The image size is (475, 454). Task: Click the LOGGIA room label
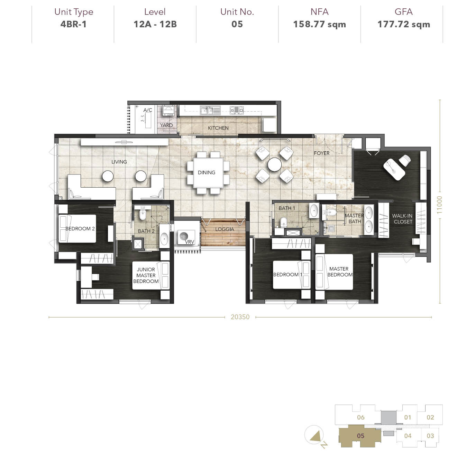coord(225,229)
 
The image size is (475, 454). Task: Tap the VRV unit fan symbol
coord(184,236)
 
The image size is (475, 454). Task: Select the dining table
coord(208,173)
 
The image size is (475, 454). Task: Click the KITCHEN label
coord(218,128)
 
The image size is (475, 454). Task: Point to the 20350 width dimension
coord(240,317)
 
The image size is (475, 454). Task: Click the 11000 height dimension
coord(439,205)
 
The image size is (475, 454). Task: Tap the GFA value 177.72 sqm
coord(404,25)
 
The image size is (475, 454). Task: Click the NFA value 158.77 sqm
coord(320,25)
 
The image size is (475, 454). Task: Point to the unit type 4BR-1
coord(73,25)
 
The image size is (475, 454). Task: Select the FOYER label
coord(321,153)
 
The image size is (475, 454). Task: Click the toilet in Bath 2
coord(142,214)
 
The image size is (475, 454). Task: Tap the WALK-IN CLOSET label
coord(402,219)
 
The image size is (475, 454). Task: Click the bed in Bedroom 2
coord(77,228)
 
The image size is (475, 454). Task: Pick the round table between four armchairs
coord(274,164)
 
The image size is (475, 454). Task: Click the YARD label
coord(166,125)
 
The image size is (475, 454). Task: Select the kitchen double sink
coord(210,110)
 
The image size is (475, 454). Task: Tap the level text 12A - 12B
coord(155,25)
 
